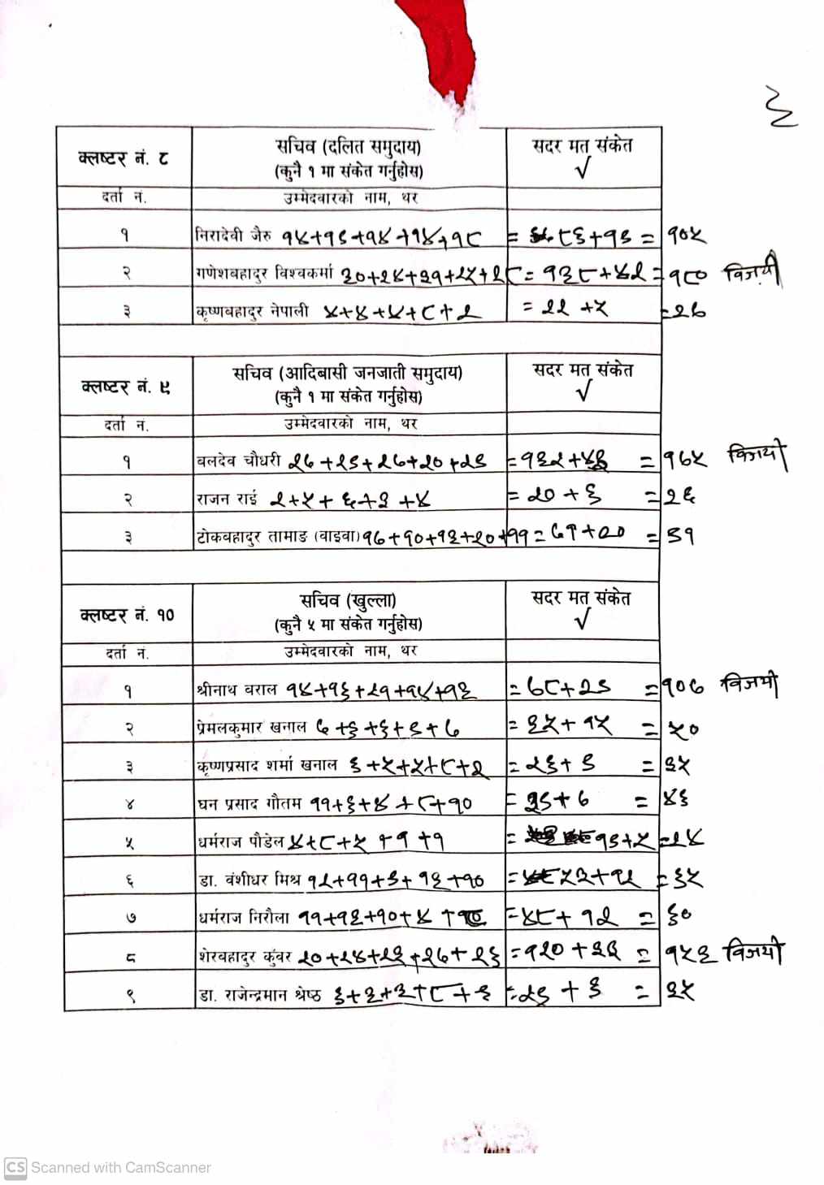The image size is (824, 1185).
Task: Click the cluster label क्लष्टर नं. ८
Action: [124, 157]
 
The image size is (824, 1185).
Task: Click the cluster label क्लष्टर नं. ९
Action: [126, 386]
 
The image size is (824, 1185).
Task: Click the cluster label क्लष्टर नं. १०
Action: [127, 615]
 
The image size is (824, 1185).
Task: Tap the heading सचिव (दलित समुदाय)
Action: [348, 147]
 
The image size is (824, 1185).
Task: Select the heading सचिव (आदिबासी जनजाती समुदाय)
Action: [348, 374]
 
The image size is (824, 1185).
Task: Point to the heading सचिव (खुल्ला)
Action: [348, 601]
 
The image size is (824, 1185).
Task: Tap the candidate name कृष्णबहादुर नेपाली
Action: [252, 311]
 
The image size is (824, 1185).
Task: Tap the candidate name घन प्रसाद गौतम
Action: [250, 804]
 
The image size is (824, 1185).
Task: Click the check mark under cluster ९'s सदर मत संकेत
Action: [583, 392]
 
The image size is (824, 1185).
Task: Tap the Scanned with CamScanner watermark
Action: [109, 1167]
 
